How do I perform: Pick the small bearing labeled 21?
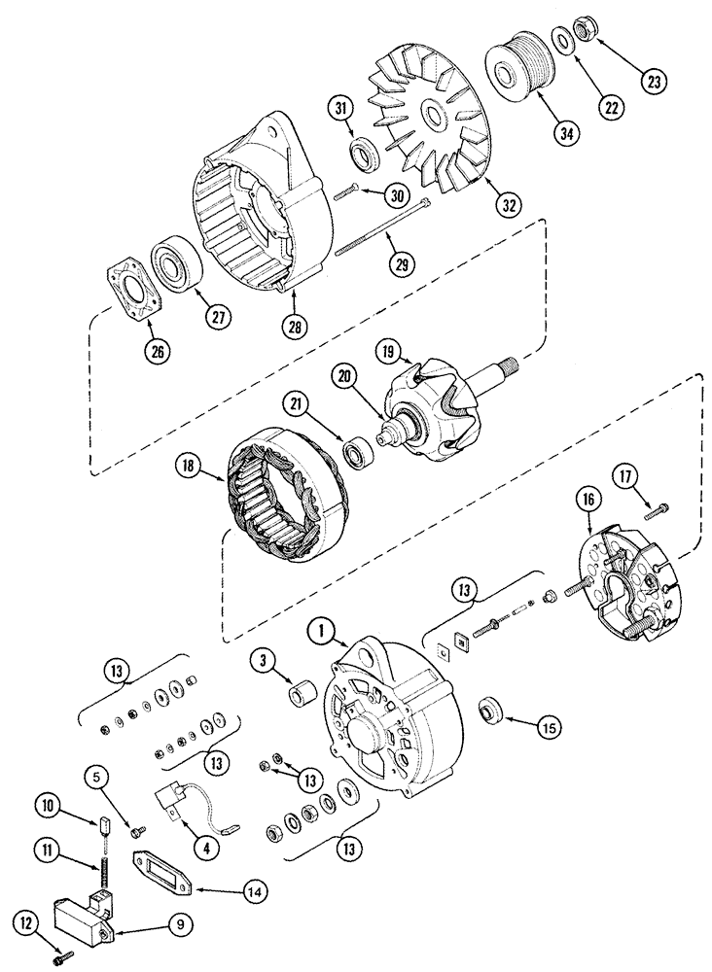(x=359, y=451)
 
